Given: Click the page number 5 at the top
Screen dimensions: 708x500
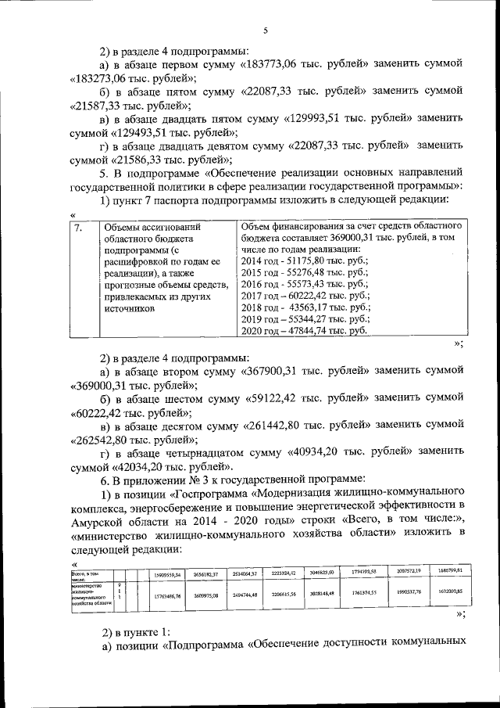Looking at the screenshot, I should click(265, 31).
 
